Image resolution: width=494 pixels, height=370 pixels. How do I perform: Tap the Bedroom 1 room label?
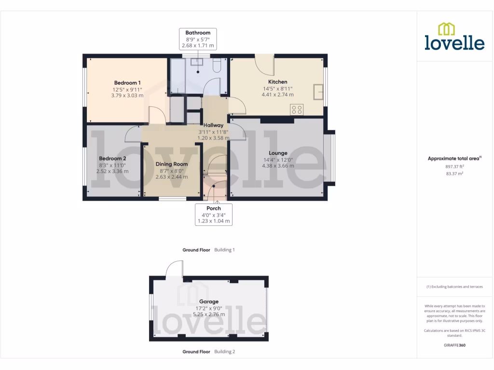click(127, 83)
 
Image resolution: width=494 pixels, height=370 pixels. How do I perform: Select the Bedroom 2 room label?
click(112, 159)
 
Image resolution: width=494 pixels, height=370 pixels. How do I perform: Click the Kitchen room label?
click(277, 82)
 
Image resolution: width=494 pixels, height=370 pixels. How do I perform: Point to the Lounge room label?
click(278, 153)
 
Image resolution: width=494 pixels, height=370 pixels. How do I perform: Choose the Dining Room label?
click(172, 164)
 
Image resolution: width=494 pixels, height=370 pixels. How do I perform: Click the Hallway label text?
click(213, 125)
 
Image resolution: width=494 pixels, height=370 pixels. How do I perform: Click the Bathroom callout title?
click(198, 33)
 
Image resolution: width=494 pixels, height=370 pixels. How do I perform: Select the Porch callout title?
click(213, 208)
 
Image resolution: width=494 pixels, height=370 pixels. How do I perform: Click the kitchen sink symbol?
click(318, 91)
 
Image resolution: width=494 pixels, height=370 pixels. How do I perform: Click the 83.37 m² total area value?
click(454, 173)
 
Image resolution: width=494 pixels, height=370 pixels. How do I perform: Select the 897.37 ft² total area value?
click(454, 167)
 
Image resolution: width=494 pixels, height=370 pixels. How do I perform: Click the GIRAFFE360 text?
click(454, 345)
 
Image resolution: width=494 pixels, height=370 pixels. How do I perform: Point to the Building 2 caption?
click(224, 352)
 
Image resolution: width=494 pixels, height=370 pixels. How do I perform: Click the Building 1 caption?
click(224, 250)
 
